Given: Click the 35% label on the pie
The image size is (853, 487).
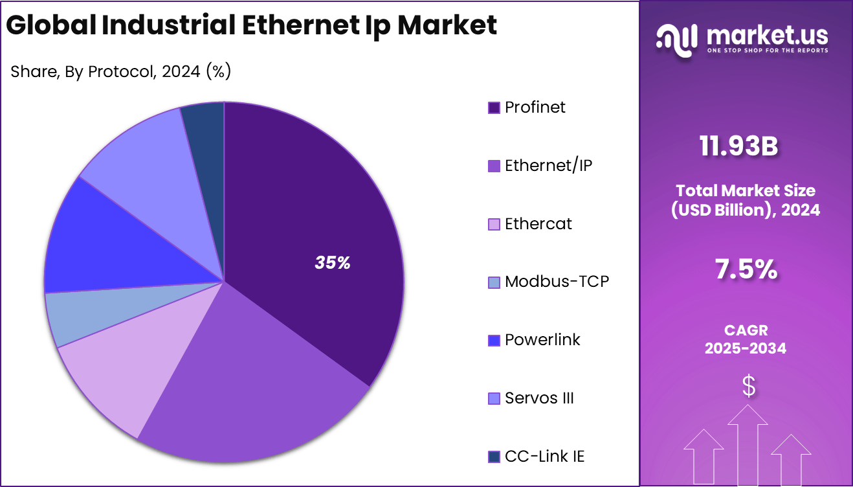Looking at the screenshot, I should pos(333,263).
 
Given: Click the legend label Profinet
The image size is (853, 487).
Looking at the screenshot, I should pos(535,108).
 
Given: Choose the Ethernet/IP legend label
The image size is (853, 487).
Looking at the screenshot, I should pos(548,166).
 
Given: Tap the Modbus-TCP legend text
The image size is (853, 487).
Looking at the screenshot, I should pos(557,282).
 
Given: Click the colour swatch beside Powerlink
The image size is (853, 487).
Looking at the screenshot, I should pos(494,341).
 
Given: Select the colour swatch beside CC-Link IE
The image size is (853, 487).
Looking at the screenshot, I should pos(494,457).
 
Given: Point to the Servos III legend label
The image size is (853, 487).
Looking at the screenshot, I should pos(539,398).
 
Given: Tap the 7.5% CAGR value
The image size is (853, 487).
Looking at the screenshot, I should pos(746,269).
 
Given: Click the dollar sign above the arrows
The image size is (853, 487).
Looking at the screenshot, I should pos(749,386).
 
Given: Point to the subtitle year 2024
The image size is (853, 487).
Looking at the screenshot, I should pos(181,71).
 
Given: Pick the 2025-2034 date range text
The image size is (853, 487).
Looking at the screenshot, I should pos(746,348).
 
